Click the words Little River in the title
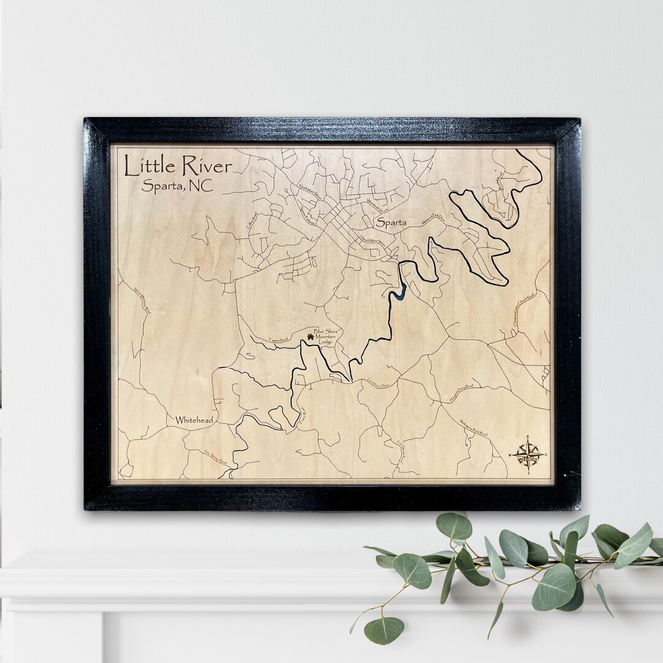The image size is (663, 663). [177, 166]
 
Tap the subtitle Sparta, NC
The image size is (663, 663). [177, 186]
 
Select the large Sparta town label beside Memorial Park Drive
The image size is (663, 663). [392, 222]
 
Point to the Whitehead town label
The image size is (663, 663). [194, 420]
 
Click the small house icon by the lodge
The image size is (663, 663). [310, 336]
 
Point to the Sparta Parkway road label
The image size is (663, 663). [308, 215]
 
